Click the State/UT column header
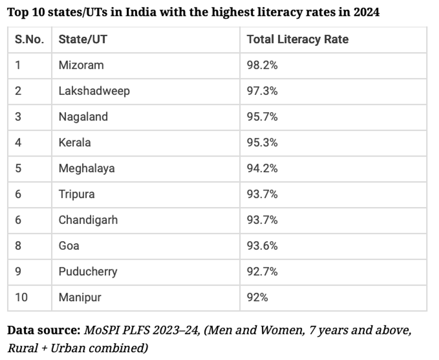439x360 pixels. coord(83,39)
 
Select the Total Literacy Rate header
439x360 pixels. coord(298,39)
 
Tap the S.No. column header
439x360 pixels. coord(29,39)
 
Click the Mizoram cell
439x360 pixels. coord(81,65)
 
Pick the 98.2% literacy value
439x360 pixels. coord(262,65)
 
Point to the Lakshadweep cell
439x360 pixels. coord(94,91)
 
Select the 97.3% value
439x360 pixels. coord(262,91)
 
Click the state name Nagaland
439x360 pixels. coord(83,117)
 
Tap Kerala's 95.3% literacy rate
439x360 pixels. coord(262,142)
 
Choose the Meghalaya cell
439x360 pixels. coord(86,168)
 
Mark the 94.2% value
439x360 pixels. coord(262,168)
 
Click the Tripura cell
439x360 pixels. coord(77,194)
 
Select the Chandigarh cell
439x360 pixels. coord(88,220)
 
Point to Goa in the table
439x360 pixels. coord(69,246)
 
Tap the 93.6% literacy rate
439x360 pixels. coord(262,246)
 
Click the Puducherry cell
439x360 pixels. coord(88,271)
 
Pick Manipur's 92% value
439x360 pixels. coord(257,297)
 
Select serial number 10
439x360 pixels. coord(21,297)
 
